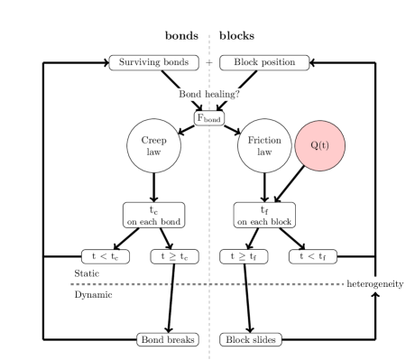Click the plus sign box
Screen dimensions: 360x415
tap(209, 63)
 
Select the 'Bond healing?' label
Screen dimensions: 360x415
tap(209, 94)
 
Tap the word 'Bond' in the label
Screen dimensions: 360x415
tap(189, 94)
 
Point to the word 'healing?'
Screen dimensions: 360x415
tap(222, 95)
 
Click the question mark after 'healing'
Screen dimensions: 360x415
tap(237, 94)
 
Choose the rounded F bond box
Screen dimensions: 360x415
tap(209, 118)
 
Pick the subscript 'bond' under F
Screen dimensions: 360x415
tap(213, 120)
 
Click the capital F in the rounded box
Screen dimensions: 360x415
tap(200, 117)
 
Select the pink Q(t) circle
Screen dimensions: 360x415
tap(320, 145)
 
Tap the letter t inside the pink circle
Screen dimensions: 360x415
tap(324, 145)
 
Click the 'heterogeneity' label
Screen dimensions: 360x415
tap(375, 284)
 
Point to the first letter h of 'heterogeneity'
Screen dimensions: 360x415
tap(349, 284)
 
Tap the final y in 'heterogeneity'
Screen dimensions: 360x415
tap(401, 285)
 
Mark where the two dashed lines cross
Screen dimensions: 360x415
tap(209, 284)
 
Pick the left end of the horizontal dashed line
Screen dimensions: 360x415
tap(71, 284)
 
